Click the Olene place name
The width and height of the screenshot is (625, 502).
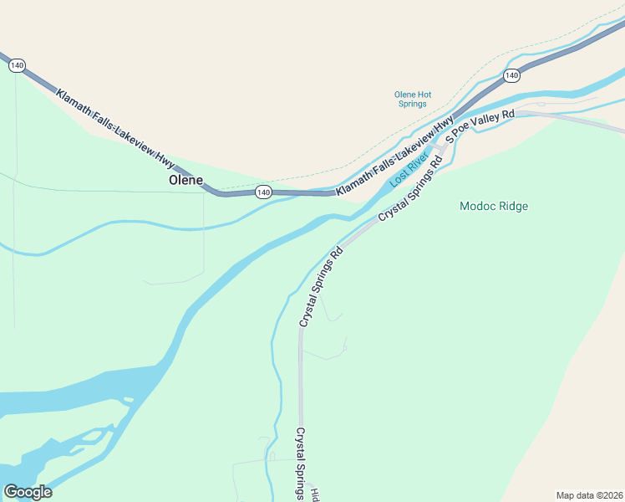tap(185, 180)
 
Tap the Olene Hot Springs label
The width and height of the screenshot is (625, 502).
tap(412, 99)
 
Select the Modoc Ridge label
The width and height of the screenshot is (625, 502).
tap(494, 206)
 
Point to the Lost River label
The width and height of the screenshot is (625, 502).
tap(409, 171)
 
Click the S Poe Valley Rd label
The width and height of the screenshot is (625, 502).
tap(480, 126)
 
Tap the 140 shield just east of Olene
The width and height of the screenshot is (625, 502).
tap(263, 192)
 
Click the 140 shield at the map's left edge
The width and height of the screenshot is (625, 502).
tap(18, 65)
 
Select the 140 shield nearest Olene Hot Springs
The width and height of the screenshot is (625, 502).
tap(511, 76)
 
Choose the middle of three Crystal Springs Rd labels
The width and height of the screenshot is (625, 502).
tap(321, 286)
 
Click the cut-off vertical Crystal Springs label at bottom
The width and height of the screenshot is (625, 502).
tap(301, 464)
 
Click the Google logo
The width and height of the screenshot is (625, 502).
tap(28, 492)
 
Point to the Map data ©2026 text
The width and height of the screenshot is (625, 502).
tap(590, 494)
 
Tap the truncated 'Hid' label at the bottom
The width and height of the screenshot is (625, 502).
tap(315, 494)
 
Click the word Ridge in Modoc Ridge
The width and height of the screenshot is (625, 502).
tap(513, 206)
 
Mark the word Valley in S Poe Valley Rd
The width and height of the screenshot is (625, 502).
tap(485, 124)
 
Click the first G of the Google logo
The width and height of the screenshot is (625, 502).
tap(10, 492)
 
